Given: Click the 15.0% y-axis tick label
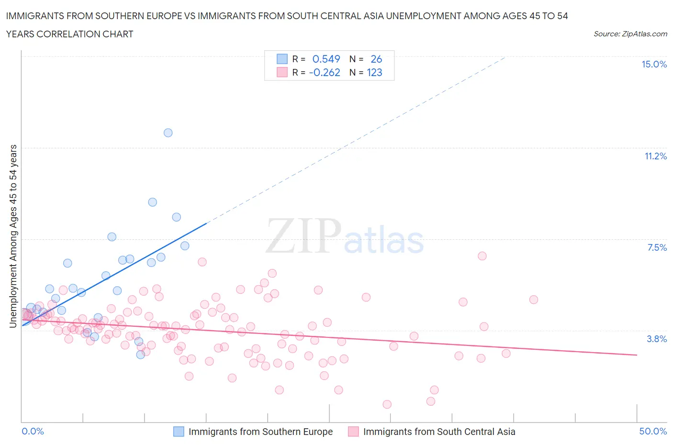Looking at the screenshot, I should pos(654,65).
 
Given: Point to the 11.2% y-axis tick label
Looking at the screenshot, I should pos(655,156).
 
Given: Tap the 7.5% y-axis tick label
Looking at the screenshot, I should pos(657,247).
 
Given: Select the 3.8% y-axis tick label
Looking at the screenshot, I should pos(657,339).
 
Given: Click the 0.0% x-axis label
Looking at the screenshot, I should pos(33,431).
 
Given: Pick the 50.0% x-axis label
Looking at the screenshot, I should pos(653,431).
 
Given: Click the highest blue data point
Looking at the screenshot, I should pos(168,133).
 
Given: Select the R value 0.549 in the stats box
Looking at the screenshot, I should pos(326,59).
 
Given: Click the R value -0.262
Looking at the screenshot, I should pos(325,72).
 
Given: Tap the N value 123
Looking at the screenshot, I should pos(374,72).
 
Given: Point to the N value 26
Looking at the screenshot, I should pos(376,59).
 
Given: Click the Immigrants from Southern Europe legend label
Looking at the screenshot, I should pos(260,432).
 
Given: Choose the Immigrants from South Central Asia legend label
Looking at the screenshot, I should pos(439,432).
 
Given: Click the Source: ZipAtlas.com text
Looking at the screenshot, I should pos(630,34).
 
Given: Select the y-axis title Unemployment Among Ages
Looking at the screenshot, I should pos(13,236).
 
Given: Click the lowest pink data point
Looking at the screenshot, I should pos(387,404).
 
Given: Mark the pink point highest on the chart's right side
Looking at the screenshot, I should pos(482,256).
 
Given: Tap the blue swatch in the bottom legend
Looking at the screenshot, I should pos(179,432).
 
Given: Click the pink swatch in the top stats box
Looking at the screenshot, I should pos(282,72).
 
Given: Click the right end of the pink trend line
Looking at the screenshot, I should pos(637,355).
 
